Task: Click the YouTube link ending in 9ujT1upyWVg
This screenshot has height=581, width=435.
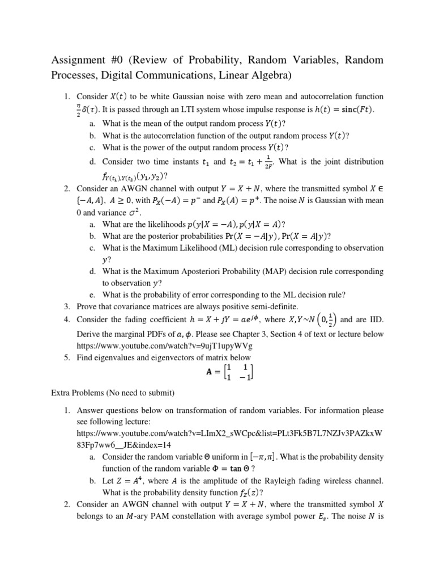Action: (x=164, y=346)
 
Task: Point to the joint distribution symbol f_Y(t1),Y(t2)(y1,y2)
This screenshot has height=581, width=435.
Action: (x=133, y=175)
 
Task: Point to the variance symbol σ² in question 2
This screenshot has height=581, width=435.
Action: (x=133, y=212)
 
